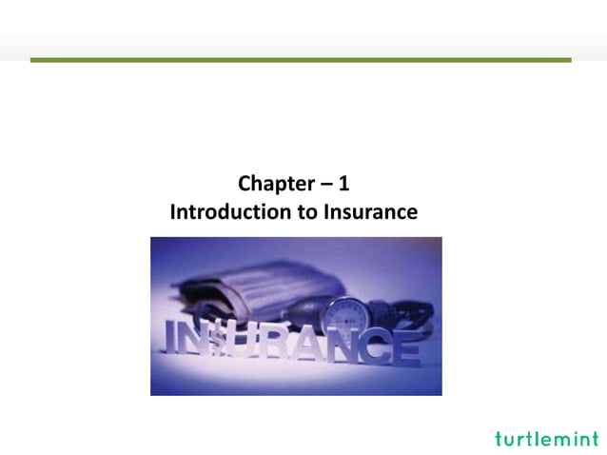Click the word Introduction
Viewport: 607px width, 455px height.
tap(230, 212)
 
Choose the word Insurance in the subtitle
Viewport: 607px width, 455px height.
tap(369, 212)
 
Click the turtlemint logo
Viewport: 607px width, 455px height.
tap(547, 439)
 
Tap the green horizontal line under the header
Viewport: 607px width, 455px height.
tap(301, 60)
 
